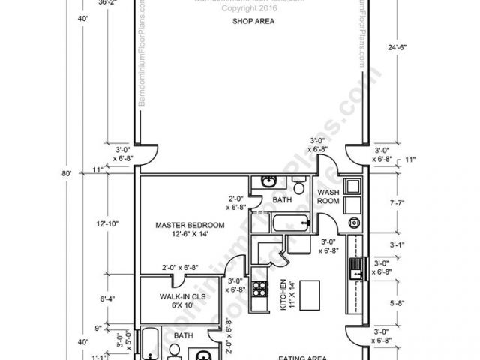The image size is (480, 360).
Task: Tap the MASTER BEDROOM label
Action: click(190, 225)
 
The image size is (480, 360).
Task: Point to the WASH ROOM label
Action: click(328, 196)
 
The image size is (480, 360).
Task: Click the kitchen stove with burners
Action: click(261, 287)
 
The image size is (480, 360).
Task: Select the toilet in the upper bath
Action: click(299, 185)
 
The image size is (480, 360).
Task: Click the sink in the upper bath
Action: click(268, 182)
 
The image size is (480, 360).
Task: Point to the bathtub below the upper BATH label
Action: click(289, 223)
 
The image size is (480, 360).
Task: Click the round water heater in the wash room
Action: click(352, 222)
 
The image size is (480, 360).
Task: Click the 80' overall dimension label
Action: click(66, 174)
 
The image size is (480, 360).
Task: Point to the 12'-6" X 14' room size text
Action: click(190, 235)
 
